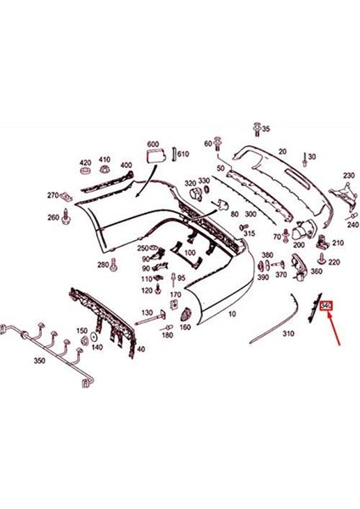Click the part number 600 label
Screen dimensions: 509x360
(153, 144)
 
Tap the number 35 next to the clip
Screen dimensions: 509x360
(266, 129)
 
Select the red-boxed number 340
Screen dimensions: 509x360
(325, 305)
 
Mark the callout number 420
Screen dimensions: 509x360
(85, 161)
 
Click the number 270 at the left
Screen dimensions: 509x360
(53, 195)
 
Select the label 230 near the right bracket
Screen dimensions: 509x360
(348, 176)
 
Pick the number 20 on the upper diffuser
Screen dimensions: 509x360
(283, 151)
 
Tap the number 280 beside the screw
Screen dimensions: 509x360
(103, 265)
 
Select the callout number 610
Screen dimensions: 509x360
(184, 154)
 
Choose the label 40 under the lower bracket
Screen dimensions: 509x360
(141, 349)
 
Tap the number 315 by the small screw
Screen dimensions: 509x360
(250, 233)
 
